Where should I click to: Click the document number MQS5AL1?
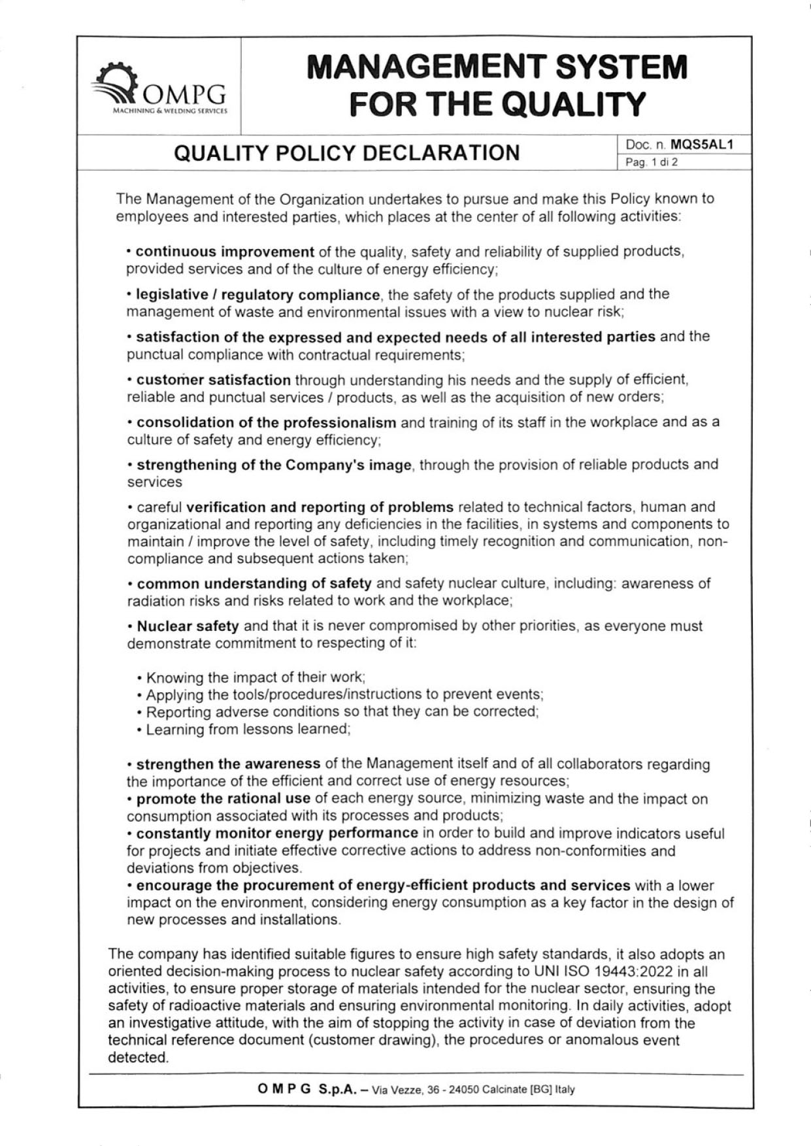coord(701,144)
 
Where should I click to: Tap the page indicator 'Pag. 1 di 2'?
coord(652,162)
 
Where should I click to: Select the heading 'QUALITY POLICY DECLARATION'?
coord(346,153)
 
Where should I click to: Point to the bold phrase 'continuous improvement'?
coord(225,252)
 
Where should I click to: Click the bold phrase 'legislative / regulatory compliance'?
coord(257,295)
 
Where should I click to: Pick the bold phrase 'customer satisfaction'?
coord(214,380)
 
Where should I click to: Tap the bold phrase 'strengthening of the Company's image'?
coord(274,465)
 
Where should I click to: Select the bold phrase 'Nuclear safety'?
coord(188,626)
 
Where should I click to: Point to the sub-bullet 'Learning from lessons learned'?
coord(248,729)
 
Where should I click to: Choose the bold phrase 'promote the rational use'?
coord(223,798)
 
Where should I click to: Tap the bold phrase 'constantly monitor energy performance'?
coord(277,833)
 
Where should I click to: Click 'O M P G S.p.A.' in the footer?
coord(307,1089)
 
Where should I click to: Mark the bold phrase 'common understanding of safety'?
coord(254,583)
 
